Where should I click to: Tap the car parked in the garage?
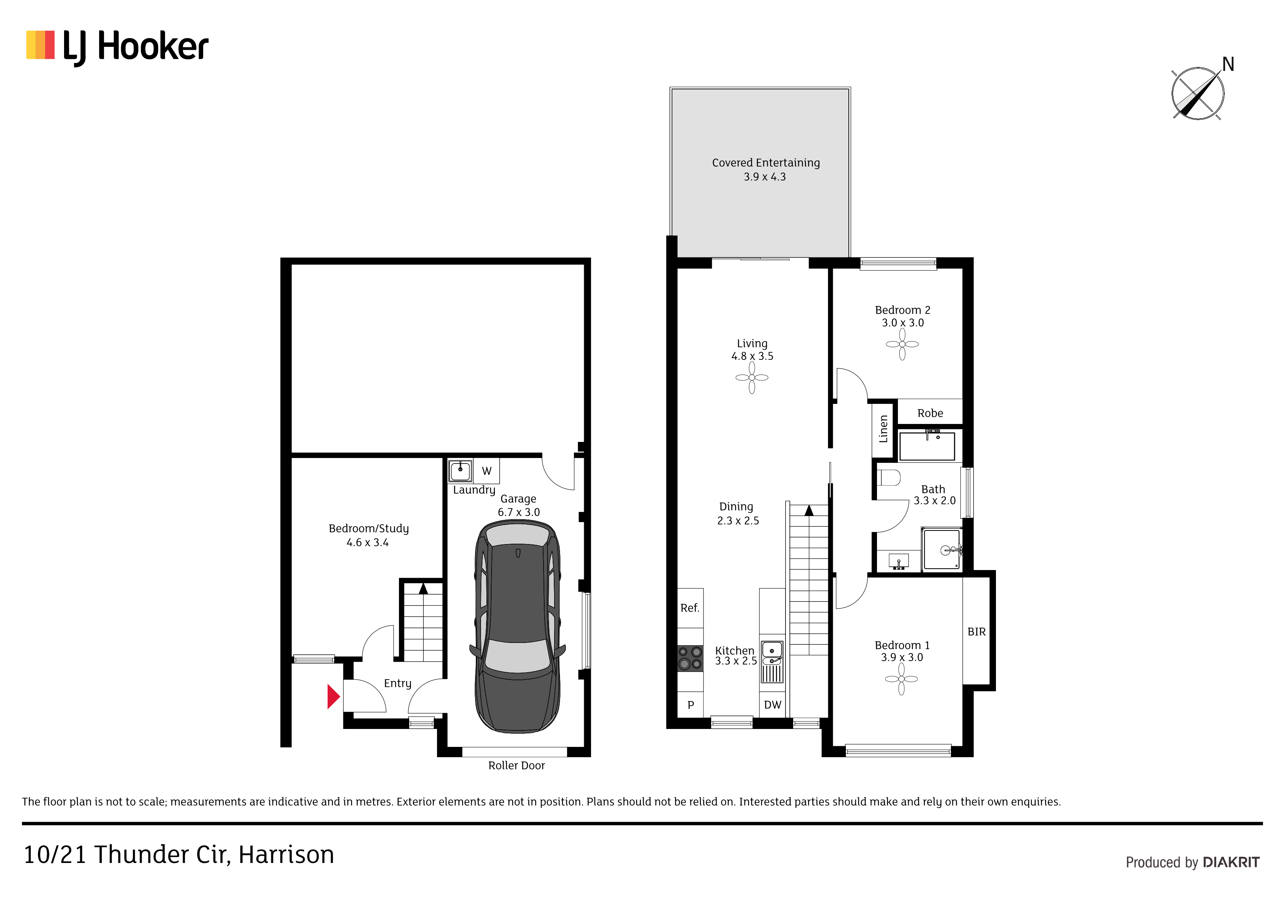[x=517, y=626]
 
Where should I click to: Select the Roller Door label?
[x=516, y=765]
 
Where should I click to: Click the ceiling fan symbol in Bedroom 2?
[x=902, y=344]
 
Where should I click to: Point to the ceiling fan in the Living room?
[x=751, y=377]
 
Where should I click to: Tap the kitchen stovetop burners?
[x=690, y=658]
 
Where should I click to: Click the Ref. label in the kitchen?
[x=690, y=608]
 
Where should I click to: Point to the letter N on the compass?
[x=1228, y=64]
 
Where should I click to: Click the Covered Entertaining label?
[x=766, y=163]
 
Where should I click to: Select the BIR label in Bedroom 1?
[x=977, y=632]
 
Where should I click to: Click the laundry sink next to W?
[x=460, y=470]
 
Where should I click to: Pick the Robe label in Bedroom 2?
[x=930, y=413]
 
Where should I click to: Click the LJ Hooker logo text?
[x=136, y=47]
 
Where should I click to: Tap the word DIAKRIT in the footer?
[x=1231, y=862]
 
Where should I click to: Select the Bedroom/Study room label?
[x=369, y=529]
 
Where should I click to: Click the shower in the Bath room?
[x=942, y=549]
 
